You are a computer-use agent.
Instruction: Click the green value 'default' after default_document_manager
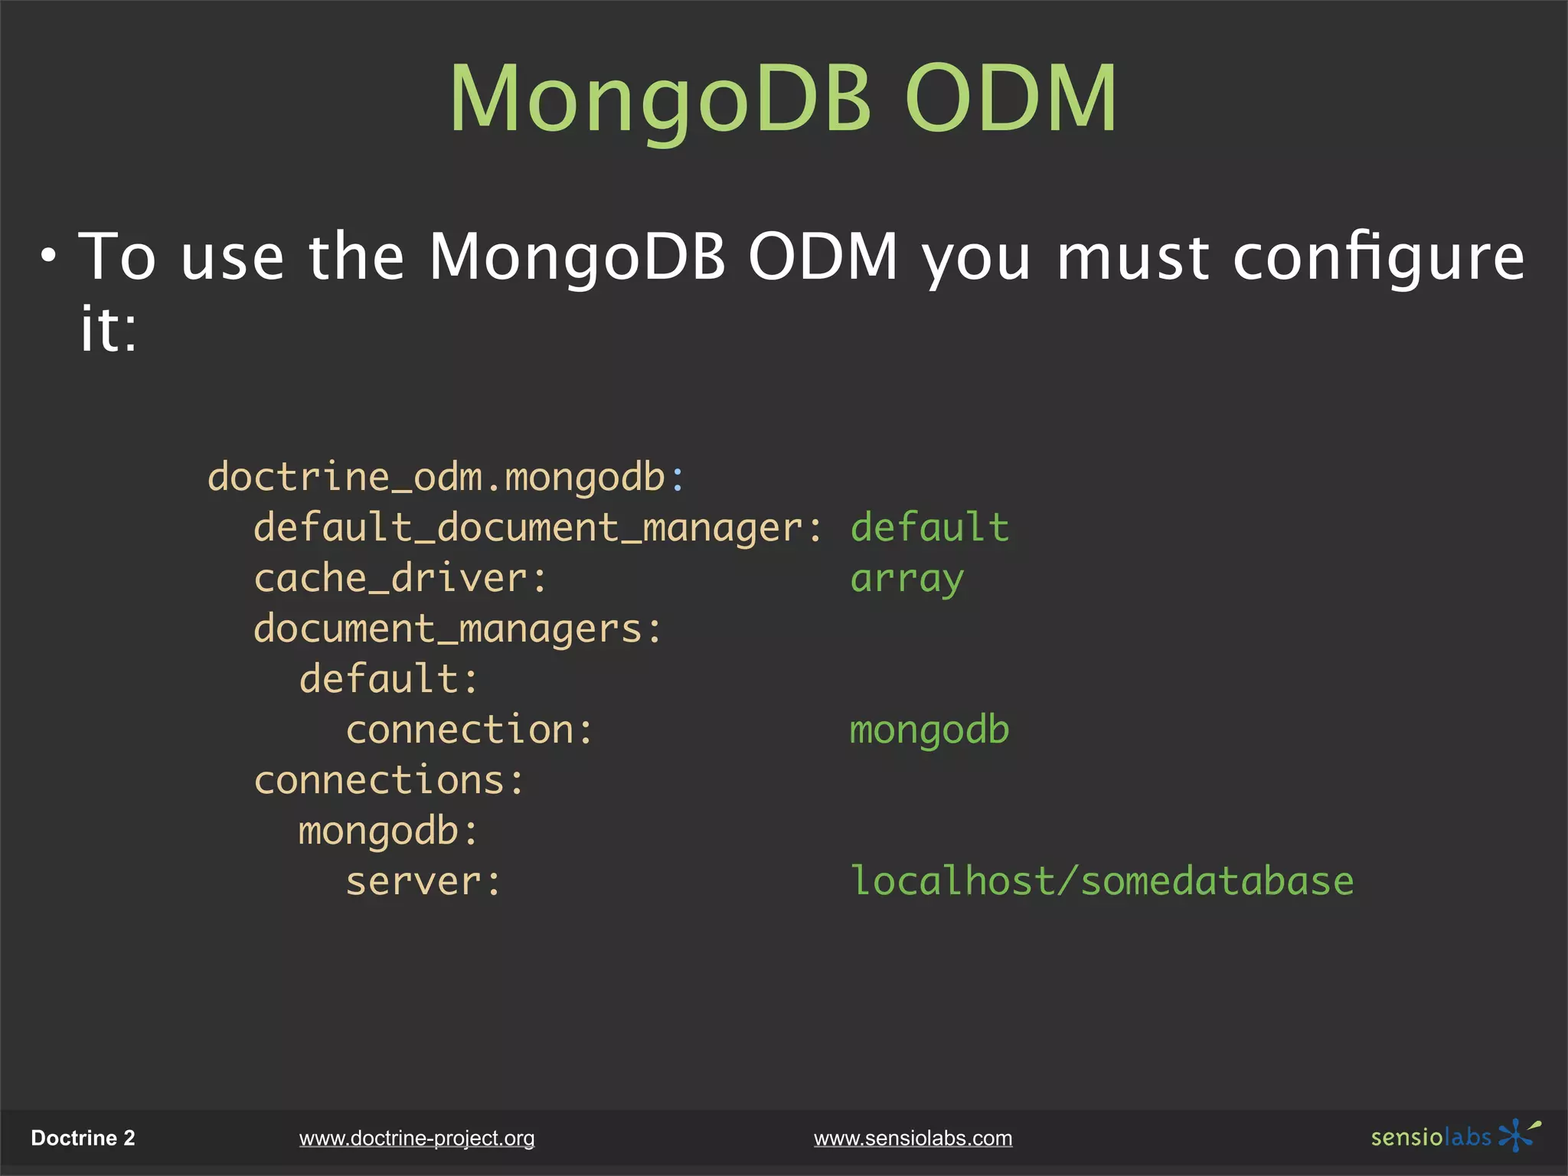click(x=929, y=528)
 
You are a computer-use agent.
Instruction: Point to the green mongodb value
click(x=929, y=730)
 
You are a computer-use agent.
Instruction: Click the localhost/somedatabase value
click(x=1101, y=882)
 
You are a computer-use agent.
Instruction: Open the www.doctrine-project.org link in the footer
click(x=416, y=1138)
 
